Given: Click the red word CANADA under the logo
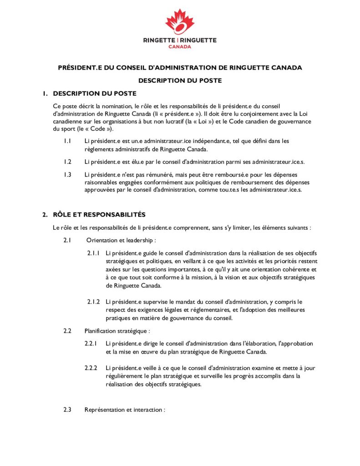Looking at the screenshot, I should point(180,46).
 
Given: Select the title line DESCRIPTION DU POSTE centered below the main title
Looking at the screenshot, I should point(180,81).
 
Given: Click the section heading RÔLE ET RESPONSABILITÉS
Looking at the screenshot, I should point(99,214).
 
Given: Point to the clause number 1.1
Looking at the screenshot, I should point(67,141).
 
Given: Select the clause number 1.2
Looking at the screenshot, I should point(67,162).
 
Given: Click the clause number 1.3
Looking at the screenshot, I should point(67,175).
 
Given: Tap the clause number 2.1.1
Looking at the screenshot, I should point(93,253).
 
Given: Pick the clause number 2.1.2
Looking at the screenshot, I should point(93,302).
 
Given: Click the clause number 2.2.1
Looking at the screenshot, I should point(91,344).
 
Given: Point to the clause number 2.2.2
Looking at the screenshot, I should point(91,368).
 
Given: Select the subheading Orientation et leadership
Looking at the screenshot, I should point(120,240).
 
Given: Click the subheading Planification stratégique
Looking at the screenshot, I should point(117,331).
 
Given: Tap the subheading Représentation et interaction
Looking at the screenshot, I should point(124,410).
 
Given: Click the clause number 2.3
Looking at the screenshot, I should point(67,410).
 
